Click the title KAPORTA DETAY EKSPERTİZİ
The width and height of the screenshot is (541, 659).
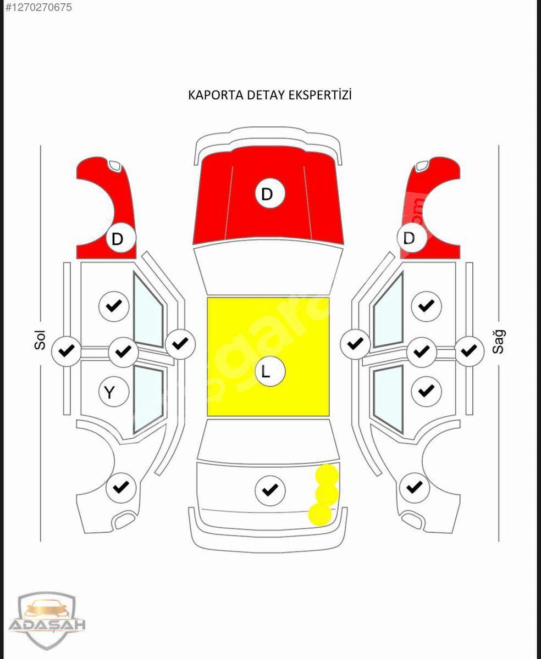click(270, 94)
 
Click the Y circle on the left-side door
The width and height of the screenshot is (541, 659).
click(114, 392)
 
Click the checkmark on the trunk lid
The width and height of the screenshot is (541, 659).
click(270, 490)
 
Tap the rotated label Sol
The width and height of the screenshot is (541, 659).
click(40, 340)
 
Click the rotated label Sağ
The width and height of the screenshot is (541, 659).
click(499, 341)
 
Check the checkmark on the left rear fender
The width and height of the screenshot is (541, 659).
click(121, 487)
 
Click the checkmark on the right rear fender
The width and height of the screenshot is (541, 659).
click(414, 487)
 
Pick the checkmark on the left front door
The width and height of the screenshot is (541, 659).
click(114, 306)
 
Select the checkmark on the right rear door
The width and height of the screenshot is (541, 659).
click(426, 391)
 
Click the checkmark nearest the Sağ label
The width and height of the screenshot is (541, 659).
click(469, 350)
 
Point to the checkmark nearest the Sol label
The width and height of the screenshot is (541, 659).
click(67, 350)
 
